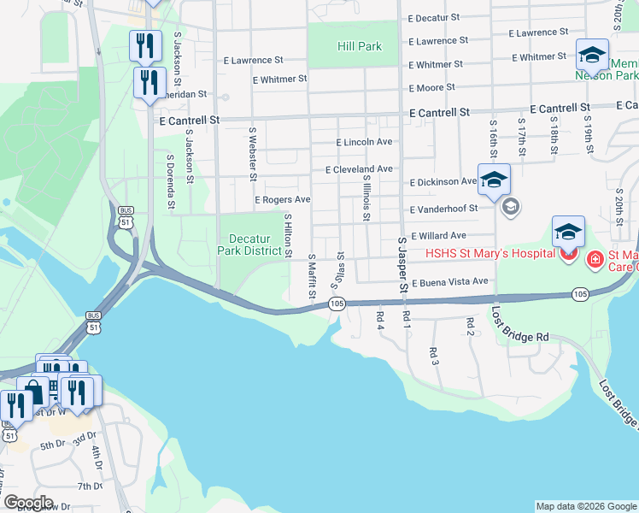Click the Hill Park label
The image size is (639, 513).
click(359, 46)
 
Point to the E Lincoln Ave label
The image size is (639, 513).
click(364, 142)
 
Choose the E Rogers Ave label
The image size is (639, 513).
click(282, 200)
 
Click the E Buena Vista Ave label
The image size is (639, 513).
click(449, 282)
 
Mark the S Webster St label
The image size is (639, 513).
click(253, 155)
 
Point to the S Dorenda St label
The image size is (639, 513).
click(171, 181)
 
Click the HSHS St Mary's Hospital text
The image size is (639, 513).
click(492, 254)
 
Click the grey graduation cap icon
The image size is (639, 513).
click(511, 206)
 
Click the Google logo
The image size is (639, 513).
click(28, 502)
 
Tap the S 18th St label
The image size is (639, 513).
click(554, 139)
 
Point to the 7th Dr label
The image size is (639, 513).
click(90, 486)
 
